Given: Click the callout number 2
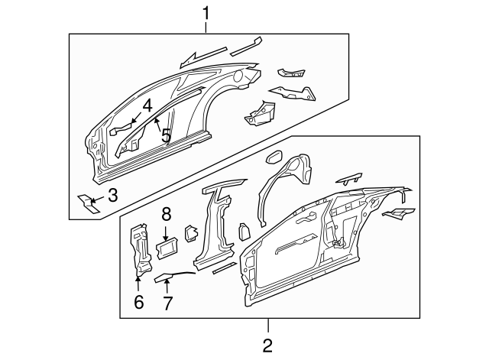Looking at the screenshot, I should pos(267,346).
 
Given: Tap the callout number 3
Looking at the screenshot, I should pos(112,196).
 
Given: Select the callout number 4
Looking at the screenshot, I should pos(147,105).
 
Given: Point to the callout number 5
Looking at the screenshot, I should pos(165,136).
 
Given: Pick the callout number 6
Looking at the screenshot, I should pos(138,303).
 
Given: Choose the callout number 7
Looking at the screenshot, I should pos(167,303).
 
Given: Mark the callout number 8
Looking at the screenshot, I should pos(166,215).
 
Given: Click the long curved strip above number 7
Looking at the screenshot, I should pos(176,276).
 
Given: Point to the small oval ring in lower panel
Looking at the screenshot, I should pos(273,159).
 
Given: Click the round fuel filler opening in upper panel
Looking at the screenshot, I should pos(240,76).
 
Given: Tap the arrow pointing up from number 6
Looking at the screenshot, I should pos(138,285).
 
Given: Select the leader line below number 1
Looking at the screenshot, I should pos(206,27).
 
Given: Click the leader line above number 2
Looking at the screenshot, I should pos(267,326).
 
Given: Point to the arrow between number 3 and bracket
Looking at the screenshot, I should pos(97,200).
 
